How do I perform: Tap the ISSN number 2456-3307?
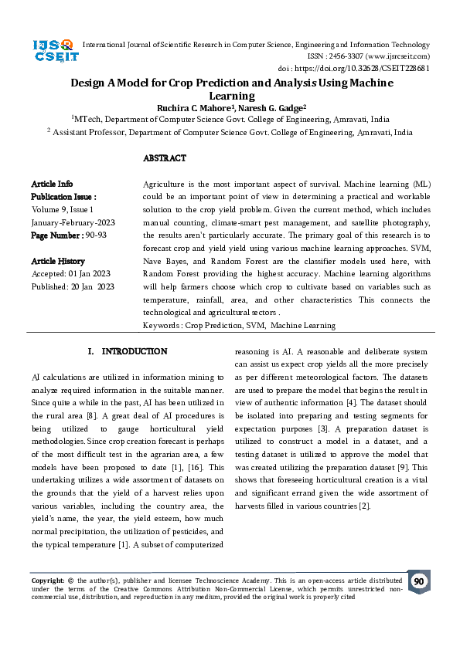(x=349, y=56)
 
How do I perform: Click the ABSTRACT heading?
(x=165, y=158)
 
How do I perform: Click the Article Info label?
(x=52, y=184)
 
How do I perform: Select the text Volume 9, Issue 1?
(x=63, y=209)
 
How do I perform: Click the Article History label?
(x=58, y=261)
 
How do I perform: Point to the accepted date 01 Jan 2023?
(x=90, y=274)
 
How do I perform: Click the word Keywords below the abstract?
(x=162, y=326)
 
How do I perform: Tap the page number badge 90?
(x=419, y=581)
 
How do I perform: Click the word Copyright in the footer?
(x=47, y=580)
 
